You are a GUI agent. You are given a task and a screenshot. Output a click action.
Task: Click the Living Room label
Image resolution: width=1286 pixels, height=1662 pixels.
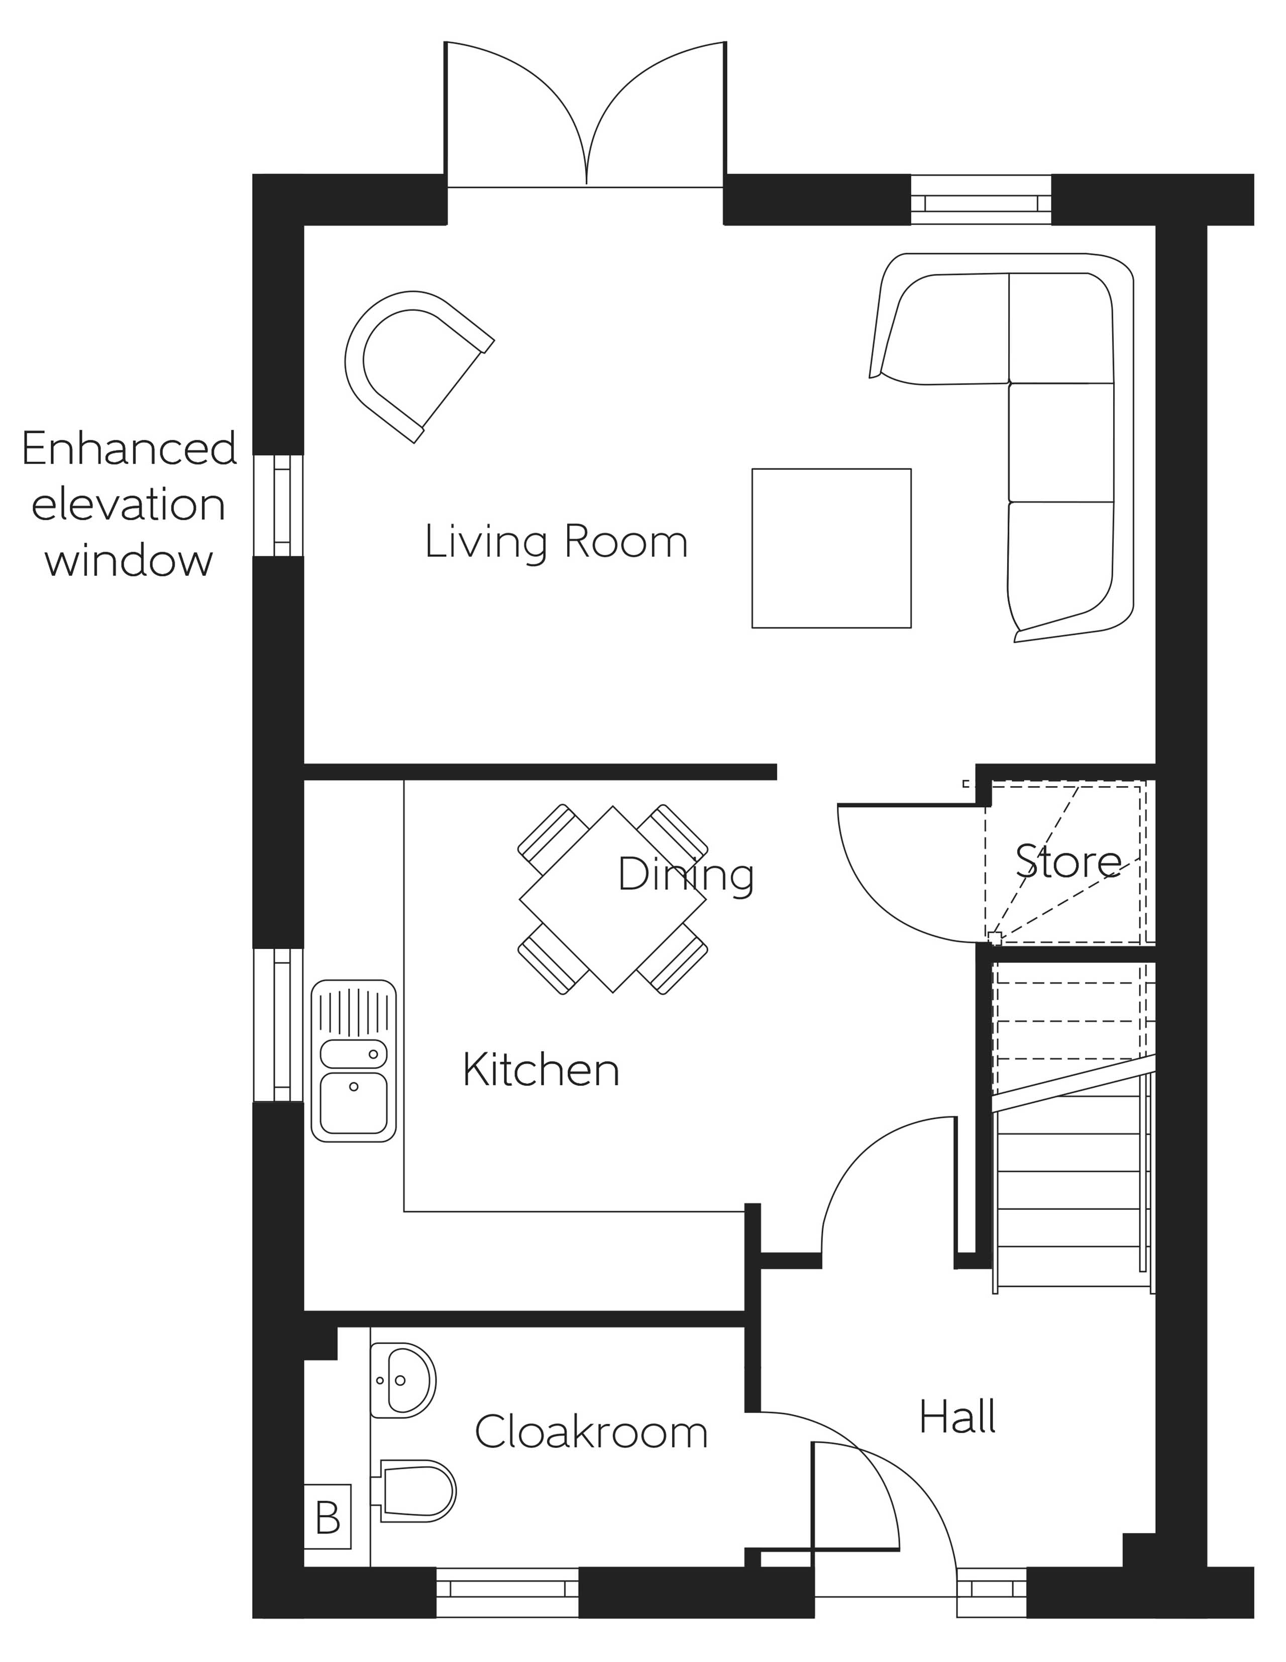(556, 542)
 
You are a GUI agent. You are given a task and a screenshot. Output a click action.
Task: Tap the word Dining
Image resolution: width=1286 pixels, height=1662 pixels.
(685, 875)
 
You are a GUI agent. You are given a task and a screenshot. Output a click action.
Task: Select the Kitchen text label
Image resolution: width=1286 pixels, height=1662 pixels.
(541, 1071)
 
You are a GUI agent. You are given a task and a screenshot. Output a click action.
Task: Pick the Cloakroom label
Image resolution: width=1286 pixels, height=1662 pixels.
(591, 1432)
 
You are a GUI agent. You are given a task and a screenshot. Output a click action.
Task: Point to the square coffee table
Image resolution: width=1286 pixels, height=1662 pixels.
(831, 548)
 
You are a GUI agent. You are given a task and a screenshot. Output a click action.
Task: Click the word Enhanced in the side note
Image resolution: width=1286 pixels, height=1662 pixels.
(130, 449)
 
